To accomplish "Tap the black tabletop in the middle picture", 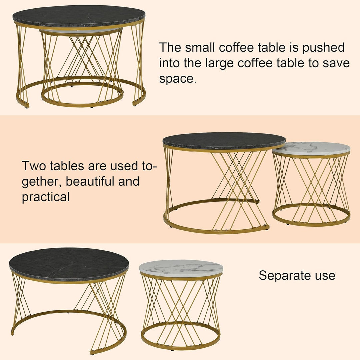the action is [x=224, y=141].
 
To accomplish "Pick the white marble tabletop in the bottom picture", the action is [x=181, y=268].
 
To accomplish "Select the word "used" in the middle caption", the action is [x=123, y=166].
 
